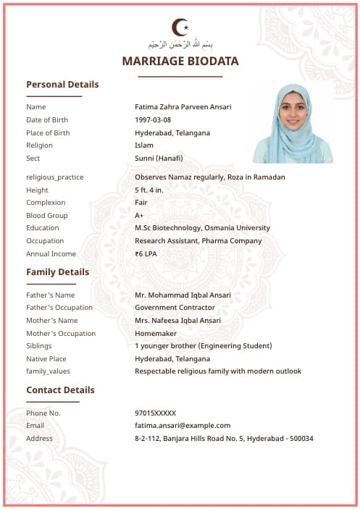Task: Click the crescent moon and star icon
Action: click(180, 28)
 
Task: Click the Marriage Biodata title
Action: click(180, 62)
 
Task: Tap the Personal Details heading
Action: click(62, 84)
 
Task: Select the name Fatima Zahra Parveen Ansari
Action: click(183, 107)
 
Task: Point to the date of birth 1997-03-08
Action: click(153, 120)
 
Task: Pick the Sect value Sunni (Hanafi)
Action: click(159, 159)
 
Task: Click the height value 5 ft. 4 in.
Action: click(149, 190)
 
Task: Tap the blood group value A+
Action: click(139, 216)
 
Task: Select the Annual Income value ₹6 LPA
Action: click(146, 254)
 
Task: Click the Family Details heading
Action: click(58, 272)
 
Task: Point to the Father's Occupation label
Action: click(59, 308)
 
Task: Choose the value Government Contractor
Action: click(175, 308)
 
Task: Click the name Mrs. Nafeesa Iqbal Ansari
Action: click(178, 321)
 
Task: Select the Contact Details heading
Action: click(60, 390)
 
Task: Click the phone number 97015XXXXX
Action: click(155, 413)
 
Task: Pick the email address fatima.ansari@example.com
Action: click(183, 426)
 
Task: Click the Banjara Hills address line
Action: click(224, 439)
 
